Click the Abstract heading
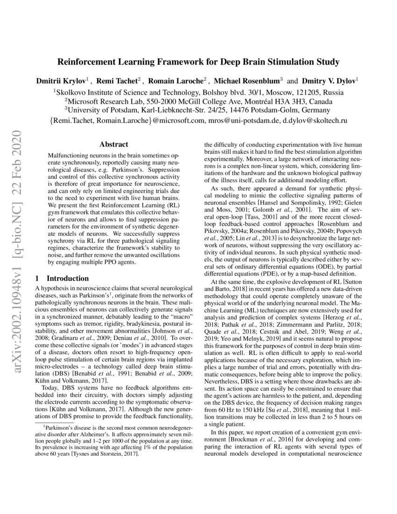(x=114, y=145)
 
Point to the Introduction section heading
(x=67, y=278)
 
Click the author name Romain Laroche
(x=178, y=80)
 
